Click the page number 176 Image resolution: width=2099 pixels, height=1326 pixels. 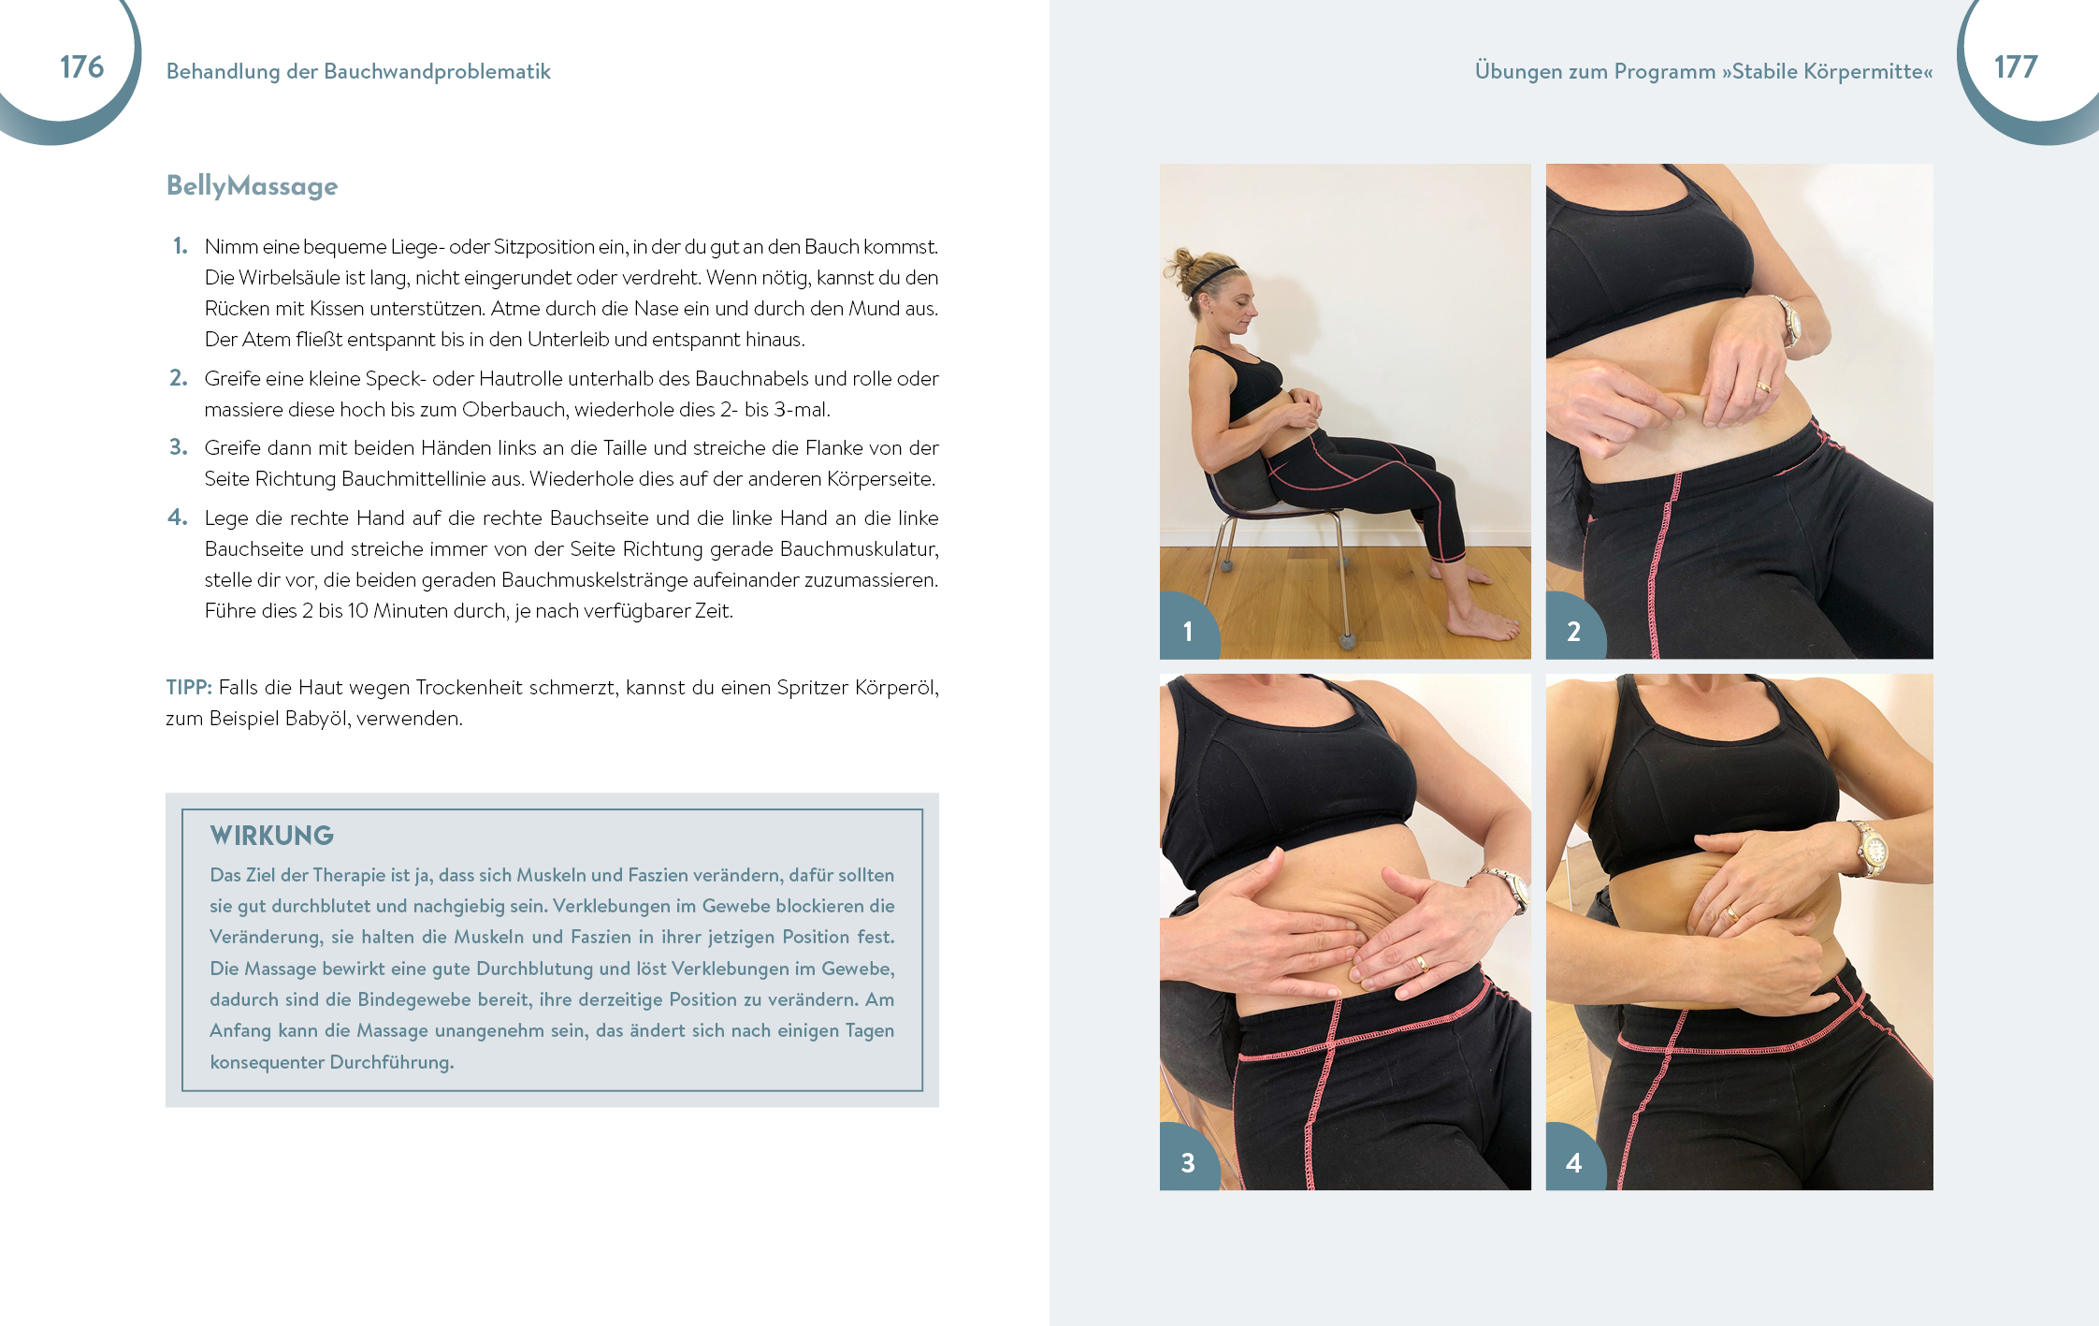[81, 67]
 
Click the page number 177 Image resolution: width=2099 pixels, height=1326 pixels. [2015, 67]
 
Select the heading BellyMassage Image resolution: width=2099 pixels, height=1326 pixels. [252, 186]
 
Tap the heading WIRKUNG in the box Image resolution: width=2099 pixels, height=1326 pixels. [271, 836]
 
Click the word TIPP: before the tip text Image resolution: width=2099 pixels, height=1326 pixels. [189, 688]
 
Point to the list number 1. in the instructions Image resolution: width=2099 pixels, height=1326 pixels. [181, 246]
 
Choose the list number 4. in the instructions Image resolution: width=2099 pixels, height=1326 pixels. [178, 517]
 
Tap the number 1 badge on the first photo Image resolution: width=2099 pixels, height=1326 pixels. [1188, 631]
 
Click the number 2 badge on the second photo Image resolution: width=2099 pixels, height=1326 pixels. [1573, 631]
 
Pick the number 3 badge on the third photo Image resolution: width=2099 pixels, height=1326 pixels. [1188, 1162]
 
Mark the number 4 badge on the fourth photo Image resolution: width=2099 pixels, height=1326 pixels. [1573, 1162]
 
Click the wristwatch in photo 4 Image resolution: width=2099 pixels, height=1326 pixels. [1871, 849]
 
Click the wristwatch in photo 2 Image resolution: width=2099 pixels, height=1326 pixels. [1788, 321]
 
